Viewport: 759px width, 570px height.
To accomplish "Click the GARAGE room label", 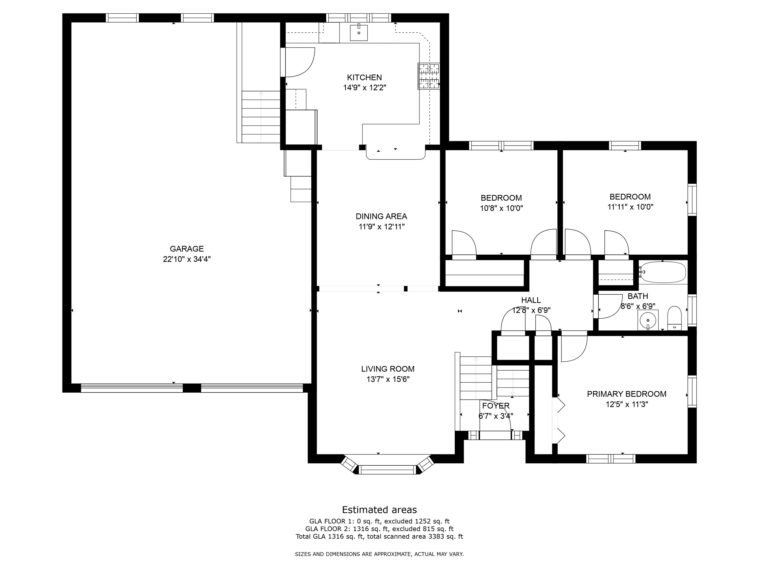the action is [187, 249].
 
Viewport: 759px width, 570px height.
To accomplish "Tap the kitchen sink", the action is [358, 33].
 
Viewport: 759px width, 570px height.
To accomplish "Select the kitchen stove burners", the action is [429, 76].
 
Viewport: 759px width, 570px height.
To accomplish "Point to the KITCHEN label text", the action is [364, 77].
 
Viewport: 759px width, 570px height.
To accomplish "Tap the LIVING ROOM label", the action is [388, 369].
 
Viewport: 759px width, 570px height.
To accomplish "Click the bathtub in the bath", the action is [663, 272].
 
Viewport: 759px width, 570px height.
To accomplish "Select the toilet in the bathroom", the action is [674, 318].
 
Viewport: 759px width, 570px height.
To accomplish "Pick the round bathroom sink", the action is [648, 320].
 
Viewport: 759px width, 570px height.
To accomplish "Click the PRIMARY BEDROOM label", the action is [627, 394].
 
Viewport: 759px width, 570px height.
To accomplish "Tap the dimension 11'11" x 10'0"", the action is [630, 207].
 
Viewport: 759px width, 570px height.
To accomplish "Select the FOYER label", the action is [496, 406].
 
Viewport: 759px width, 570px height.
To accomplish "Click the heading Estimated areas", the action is [379, 510].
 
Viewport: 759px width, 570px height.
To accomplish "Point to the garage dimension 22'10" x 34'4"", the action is [187, 259].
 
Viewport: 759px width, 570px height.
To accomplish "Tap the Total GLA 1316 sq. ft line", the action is [379, 536].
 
